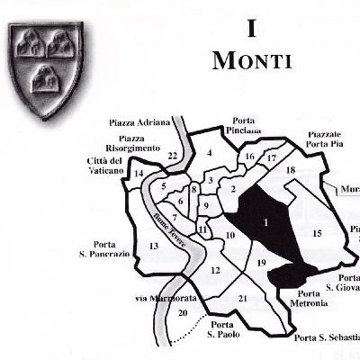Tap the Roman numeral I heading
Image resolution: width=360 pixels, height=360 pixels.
tap(252, 28)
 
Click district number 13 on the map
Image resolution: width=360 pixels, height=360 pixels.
tap(153, 246)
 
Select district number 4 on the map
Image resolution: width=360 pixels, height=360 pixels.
tap(209, 154)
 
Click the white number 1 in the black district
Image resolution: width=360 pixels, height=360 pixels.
tap(266, 221)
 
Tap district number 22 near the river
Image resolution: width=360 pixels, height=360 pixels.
tap(172, 156)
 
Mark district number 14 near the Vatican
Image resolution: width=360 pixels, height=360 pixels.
tap(139, 173)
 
